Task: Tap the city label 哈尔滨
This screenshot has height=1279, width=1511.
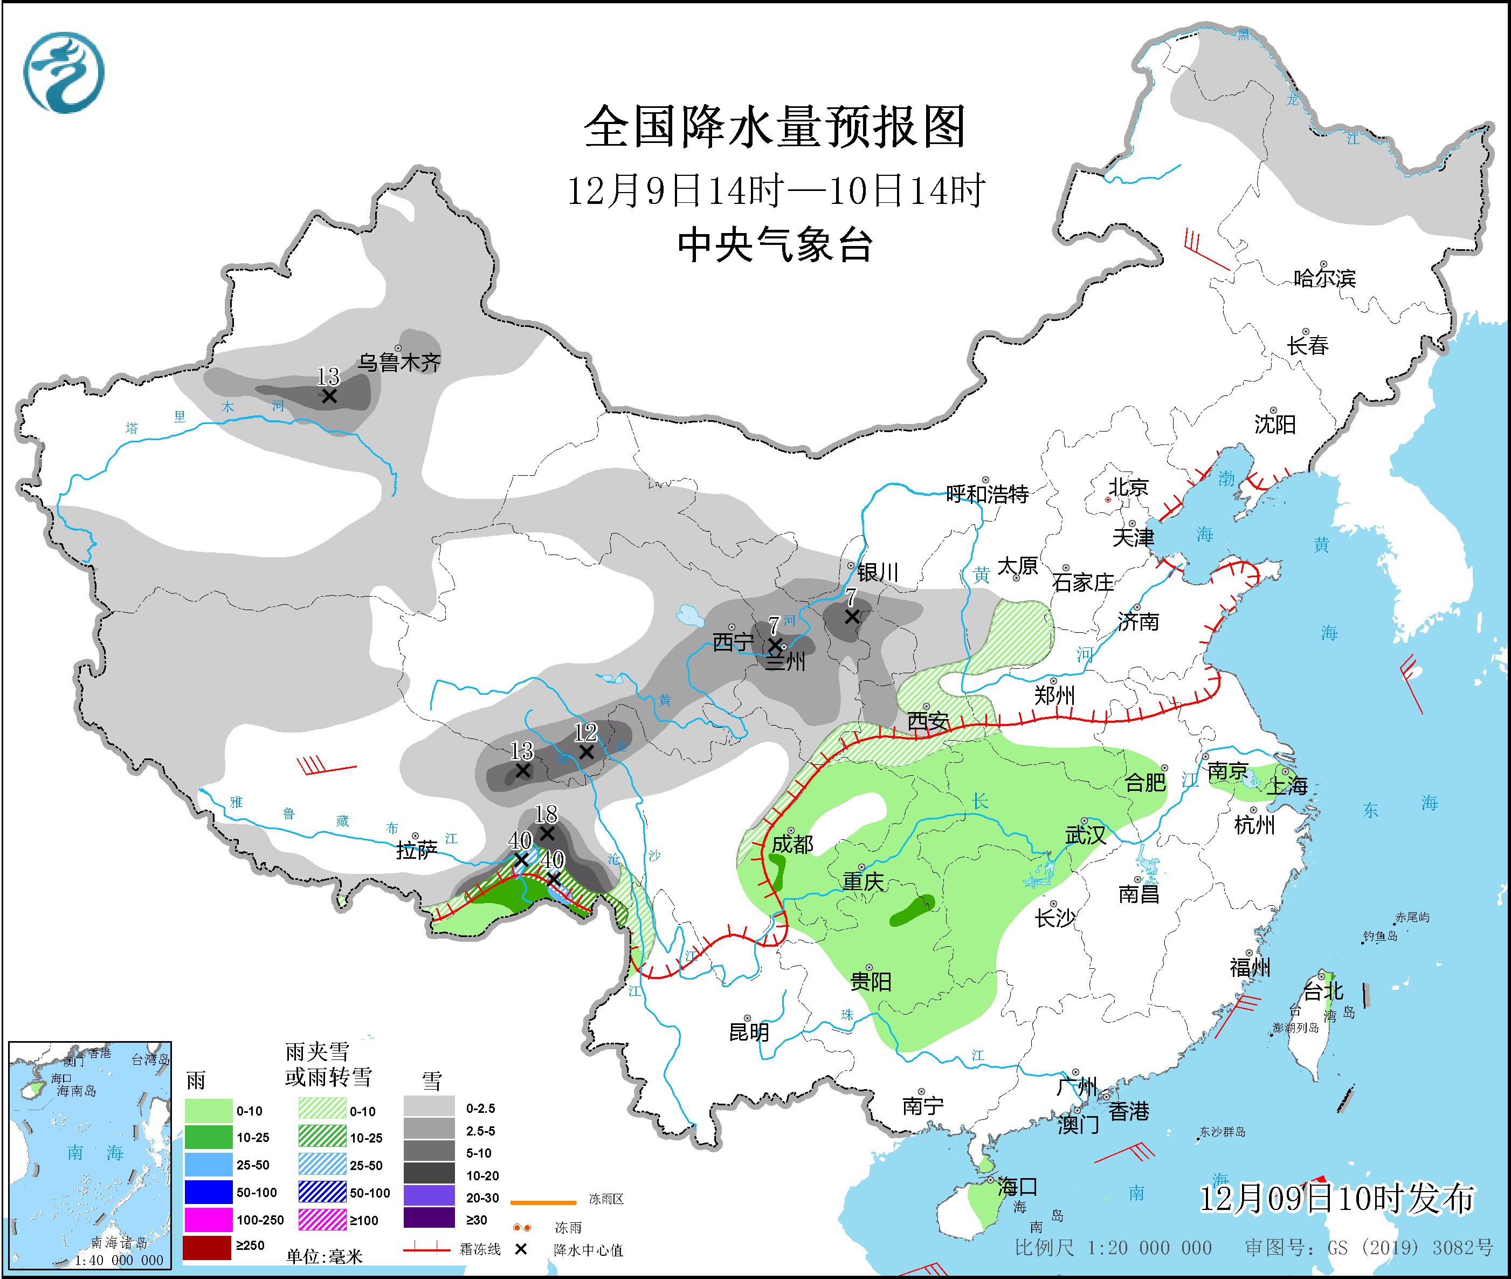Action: (1324, 278)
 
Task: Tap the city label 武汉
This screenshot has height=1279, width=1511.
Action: (1085, 835)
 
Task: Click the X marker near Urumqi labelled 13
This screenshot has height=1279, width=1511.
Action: (329, 396)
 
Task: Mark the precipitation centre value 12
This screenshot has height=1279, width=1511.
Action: (585, 733)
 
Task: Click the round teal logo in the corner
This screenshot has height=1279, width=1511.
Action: (64, 72)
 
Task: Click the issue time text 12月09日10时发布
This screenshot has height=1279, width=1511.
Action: (1336, 1199)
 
